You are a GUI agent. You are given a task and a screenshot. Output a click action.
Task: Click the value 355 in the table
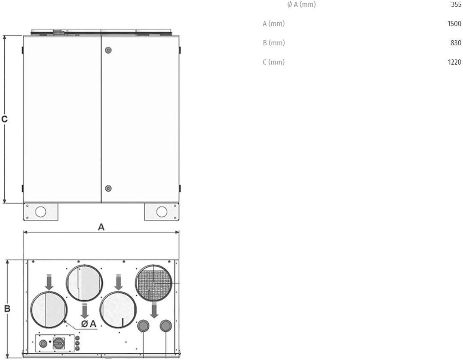pos(456,4)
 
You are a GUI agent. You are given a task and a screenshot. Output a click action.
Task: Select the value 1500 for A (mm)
pos(454,24)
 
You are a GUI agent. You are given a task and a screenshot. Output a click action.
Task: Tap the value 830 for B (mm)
pos(456,43)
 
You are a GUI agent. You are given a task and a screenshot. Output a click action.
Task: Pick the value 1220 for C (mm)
pos(454,62)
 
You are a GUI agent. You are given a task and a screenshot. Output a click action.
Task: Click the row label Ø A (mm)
pos(302,4)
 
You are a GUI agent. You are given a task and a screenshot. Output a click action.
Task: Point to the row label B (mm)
pos(274,43)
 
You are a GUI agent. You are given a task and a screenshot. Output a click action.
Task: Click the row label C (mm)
pos(274,62)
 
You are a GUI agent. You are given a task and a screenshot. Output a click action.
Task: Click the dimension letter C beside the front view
pos(4,119)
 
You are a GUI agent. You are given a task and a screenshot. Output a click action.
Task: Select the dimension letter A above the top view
pos(101,227)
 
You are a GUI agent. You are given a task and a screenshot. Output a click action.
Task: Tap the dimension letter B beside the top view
pos(7,309)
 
